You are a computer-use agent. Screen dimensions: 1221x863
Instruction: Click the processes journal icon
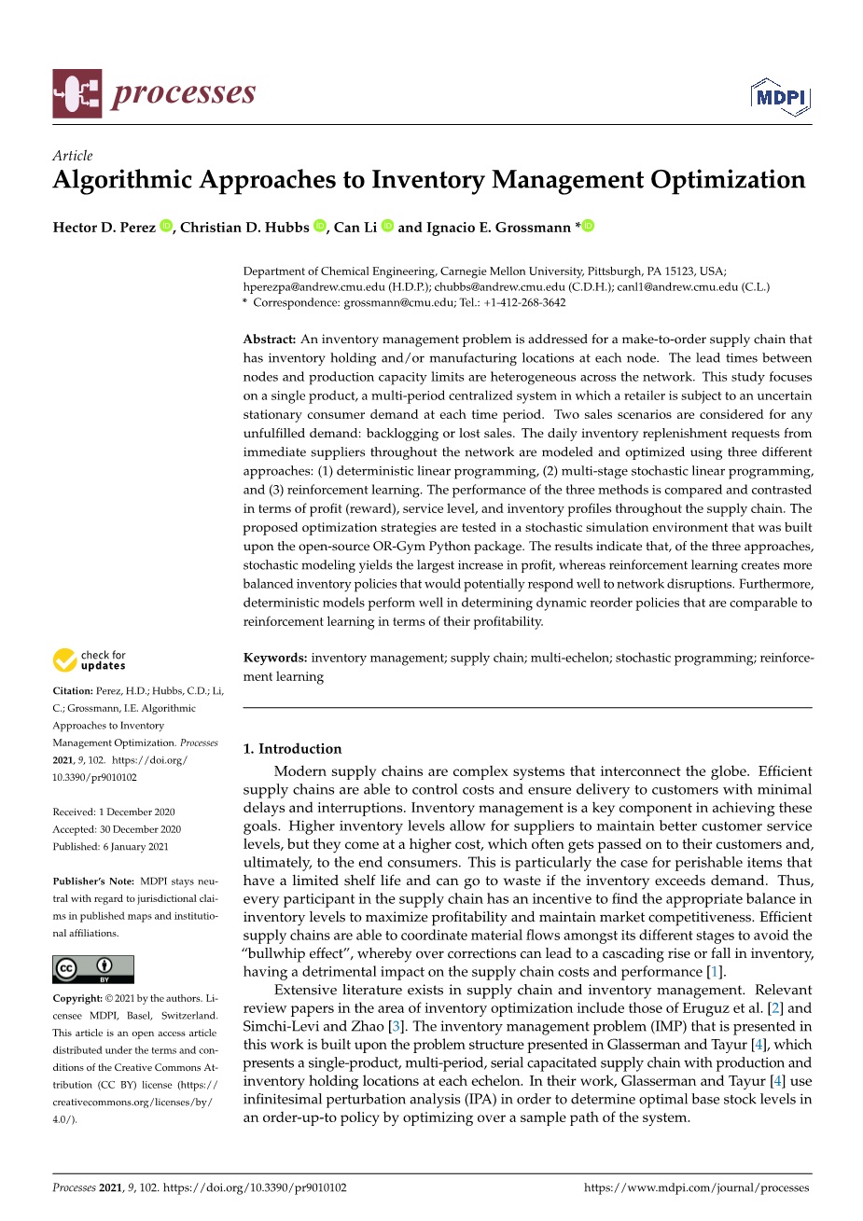pyautogui.click(x=77, y=93)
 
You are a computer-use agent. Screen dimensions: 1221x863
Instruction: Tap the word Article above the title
pyautogui.click(x=73, y=156)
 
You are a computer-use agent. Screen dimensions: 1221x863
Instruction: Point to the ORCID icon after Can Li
pyautogui.click(x=387, y=227)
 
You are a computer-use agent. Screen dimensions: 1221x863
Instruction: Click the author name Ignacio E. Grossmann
pyautogui.click(x=497, y=228)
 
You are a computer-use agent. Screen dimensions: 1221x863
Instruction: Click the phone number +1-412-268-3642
pyautogui.click(x=524, y=302)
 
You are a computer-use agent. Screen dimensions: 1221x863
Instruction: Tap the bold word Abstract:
pyautogui.click(x=270, y=340)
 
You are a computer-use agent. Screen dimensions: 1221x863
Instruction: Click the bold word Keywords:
pyautogui.click(x=275, y=658)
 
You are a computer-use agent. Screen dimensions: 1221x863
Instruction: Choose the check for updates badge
pyautogui.click(x=90, y=660)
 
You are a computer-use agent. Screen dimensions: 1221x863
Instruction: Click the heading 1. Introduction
pyautogui.click(x=292, y=748)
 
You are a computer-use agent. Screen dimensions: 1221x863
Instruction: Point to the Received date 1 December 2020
pyautogui.click(x=137, y=812)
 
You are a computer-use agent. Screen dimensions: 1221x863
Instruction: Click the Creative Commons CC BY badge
pyautogui.click(x=93, y=969)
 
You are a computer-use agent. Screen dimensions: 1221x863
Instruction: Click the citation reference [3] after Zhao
pyautogui.click(x=397, y=1026)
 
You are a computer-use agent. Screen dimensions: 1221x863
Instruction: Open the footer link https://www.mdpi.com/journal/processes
pyautogui.click(x=696, y=1187)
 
